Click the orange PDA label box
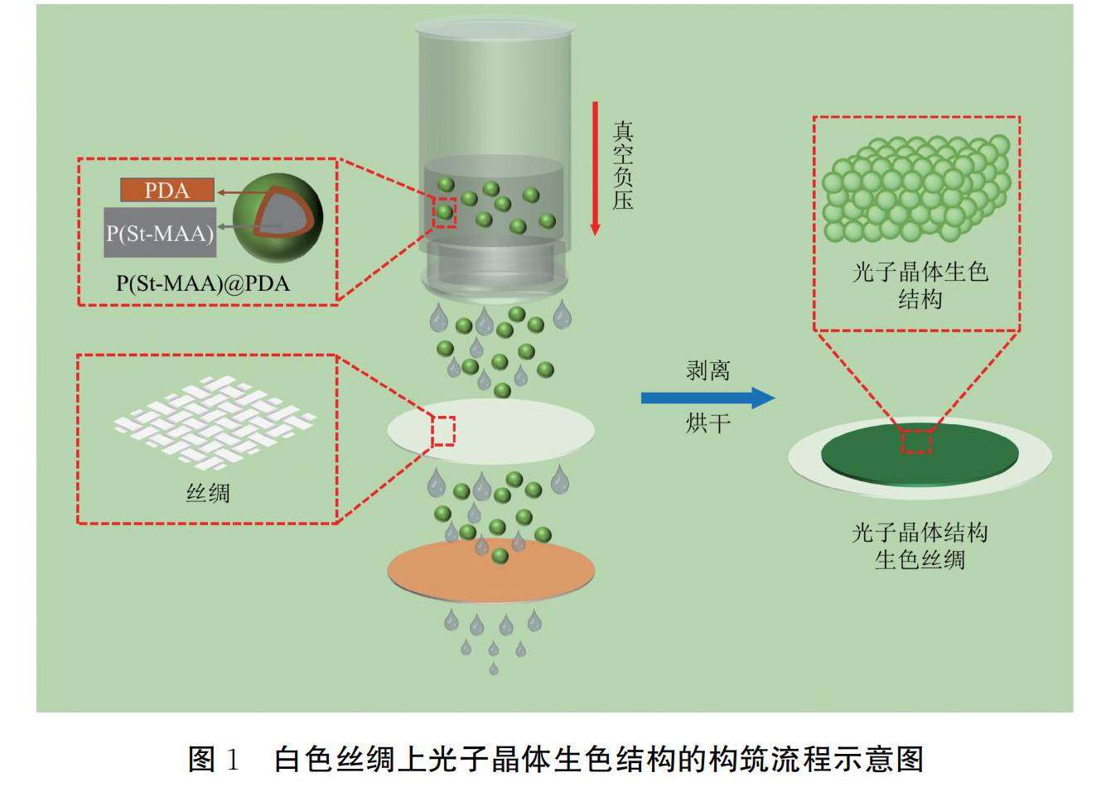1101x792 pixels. point(167,191)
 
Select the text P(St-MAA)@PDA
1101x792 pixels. point(203,283)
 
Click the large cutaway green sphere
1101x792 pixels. point(278,218)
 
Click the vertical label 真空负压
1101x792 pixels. point(623,166)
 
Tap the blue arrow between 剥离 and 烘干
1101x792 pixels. point(707,398)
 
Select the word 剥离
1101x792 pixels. point(708,370)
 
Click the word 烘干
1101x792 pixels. point(708,423)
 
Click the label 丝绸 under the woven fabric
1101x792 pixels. point(207,494)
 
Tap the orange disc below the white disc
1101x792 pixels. point(491,572)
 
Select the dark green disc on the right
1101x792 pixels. point(920,456)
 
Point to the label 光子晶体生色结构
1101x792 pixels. point(920,284)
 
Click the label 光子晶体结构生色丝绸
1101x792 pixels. point(920,546)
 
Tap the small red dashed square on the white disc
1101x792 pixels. point(443,431)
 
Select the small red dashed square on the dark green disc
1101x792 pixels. point(916,441)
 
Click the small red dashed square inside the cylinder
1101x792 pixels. point(445,213)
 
